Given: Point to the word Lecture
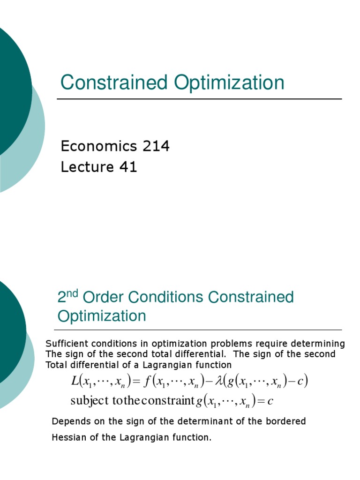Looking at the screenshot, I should click(x=87, y=167).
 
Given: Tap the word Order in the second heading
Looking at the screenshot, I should click(x=101, y=297).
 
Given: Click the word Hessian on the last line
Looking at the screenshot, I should click(x=68, y=437).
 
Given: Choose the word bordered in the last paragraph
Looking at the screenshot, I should click(x=286, y=421).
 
